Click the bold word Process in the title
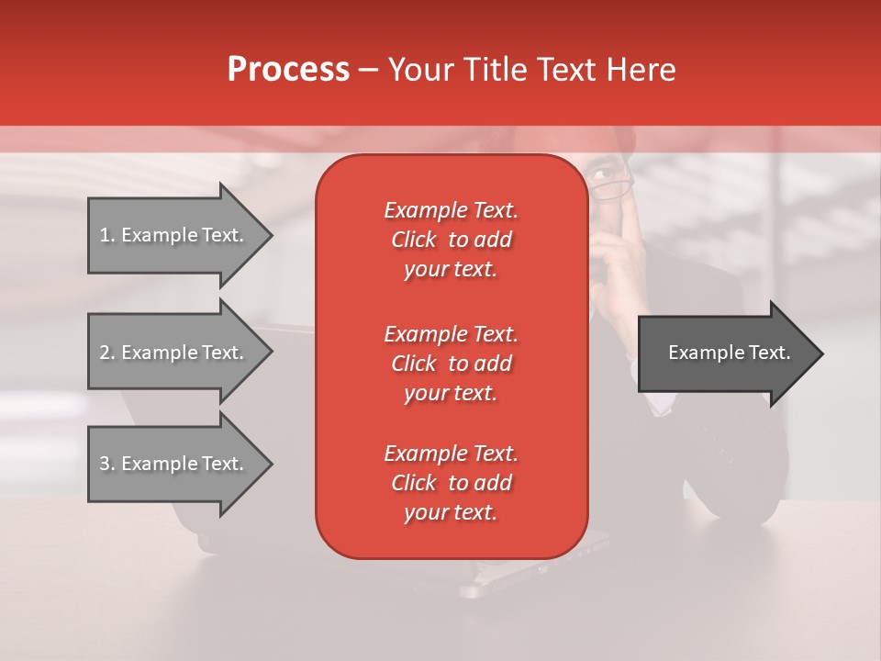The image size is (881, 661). click(288, 70)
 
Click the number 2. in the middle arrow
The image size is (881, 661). click(106, 353)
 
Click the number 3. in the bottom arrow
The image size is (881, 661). click(106, 464)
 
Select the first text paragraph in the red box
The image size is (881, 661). click(451, 240)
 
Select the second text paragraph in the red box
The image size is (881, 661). click(451, 364)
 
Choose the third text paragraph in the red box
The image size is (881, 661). click(451, 483)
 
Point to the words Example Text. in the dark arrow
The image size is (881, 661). click(729, 353)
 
